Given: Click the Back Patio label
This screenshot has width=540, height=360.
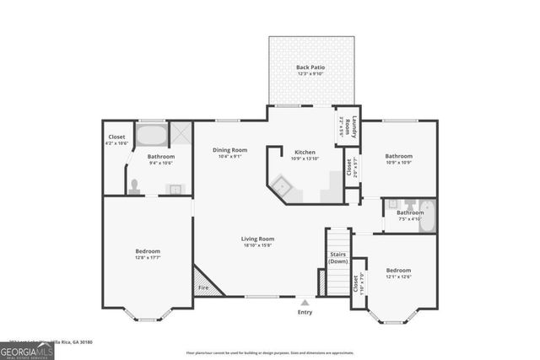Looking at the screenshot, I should (310, 67).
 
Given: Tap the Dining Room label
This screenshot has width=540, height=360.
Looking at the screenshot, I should (229, 149).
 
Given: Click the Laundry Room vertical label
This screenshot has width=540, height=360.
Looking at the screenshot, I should (355, 126).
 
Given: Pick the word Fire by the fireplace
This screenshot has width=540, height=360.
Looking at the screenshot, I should (203, 288).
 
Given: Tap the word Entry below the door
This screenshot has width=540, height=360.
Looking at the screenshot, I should (305, 313).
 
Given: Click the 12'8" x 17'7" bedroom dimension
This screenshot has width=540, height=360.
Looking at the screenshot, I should (148, 258).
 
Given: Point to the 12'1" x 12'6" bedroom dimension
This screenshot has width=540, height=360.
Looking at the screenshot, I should (398, 277).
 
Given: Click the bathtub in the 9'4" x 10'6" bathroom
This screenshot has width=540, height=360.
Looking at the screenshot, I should (152, 136).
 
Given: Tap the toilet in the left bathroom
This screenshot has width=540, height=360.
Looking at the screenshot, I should (133, 186).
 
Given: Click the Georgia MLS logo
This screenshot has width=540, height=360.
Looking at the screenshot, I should (27, 348).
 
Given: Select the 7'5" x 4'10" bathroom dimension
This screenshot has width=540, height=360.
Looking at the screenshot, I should (410, 219).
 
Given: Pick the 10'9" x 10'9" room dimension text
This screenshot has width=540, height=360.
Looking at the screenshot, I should (399, 162).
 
